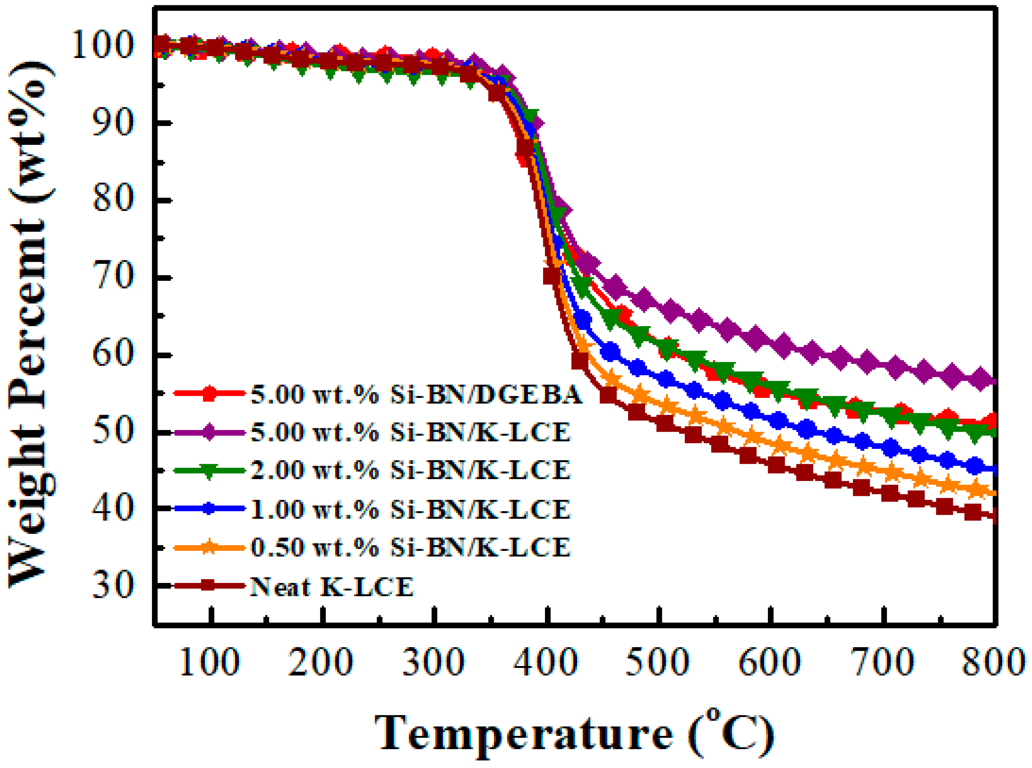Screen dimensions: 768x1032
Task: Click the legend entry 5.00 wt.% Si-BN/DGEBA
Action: [x=416, y=394]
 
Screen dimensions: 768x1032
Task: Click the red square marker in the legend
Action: [x=210, y=393]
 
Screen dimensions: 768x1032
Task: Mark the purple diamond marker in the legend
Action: [x=210, y=432]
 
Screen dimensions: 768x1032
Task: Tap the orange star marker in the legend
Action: [x=210, y=547]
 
